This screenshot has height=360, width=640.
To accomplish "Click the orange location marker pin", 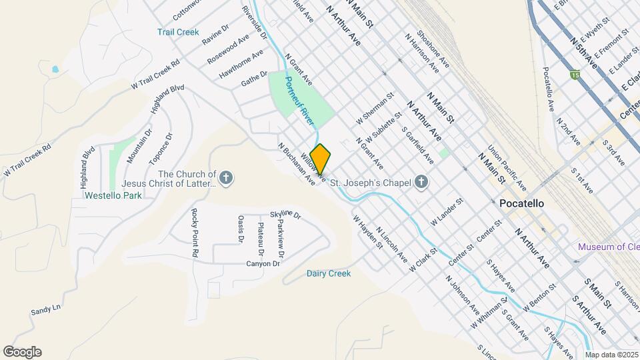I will (x=321, y=159).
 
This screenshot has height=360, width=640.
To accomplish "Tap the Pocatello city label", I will (x=521, y=203).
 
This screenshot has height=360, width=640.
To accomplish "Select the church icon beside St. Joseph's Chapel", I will (x=421, y=181).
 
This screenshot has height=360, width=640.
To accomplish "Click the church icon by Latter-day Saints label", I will (x=227, y=178).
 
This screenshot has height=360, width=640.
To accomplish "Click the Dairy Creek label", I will (x=328, y=273).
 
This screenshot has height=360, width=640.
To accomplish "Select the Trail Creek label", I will (x=178, y=31).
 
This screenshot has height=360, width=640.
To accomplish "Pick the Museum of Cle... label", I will (x=608, y=247).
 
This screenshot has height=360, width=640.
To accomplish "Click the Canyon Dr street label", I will (x=263, y=263).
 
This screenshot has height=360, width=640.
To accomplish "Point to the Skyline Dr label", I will (x=285, y=215).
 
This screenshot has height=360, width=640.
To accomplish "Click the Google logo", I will (x=22, y=351).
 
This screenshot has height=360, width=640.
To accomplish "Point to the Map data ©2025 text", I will (x=611, y=355).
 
